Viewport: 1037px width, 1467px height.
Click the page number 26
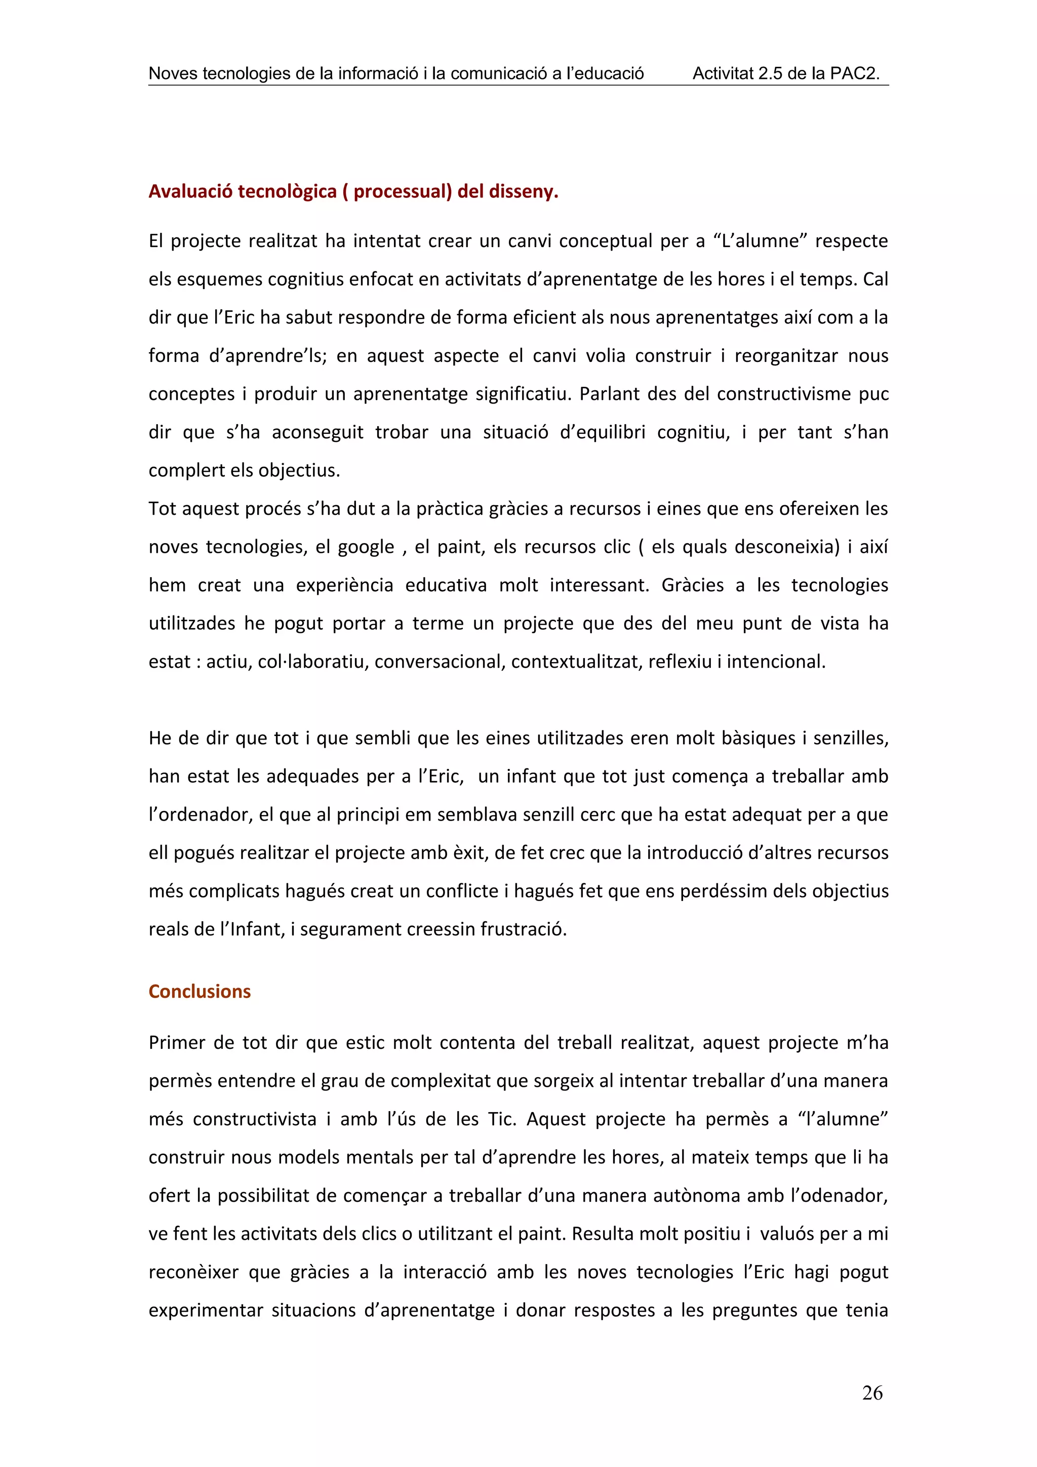[871, 1393]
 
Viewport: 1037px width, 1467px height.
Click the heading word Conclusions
[200, 991]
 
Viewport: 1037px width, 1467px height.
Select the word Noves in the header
[173, 73]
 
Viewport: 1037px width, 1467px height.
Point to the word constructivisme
[783, 394]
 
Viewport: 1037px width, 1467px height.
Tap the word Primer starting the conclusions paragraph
[176, 1043]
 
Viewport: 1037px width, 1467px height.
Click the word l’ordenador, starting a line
[200, 814]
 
